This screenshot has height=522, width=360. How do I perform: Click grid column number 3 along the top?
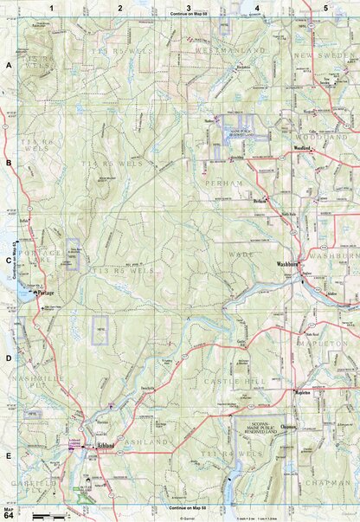188,8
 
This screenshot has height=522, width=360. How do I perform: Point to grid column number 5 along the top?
325,8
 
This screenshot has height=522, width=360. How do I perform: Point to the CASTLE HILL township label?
229,382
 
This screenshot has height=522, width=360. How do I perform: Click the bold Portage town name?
45,293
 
